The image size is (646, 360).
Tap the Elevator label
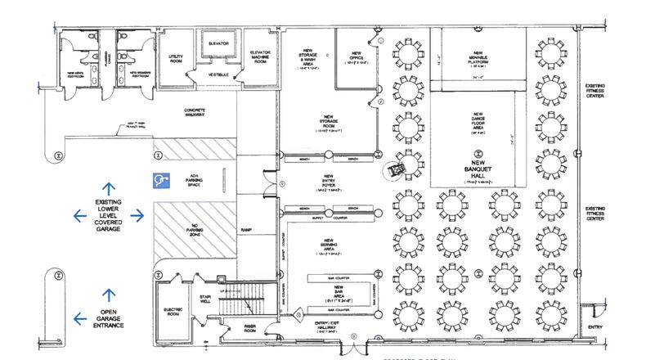[218, 43]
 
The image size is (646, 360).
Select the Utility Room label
[176, 58]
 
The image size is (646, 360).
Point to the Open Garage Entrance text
[110, 318]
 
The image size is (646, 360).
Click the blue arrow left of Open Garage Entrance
[79, 318]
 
